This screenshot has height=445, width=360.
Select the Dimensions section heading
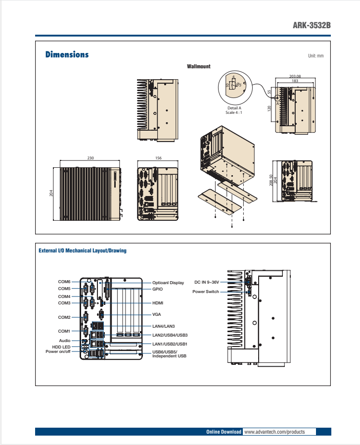[67, 54]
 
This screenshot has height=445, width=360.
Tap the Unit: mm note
[315, 56]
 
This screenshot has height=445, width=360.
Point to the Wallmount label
[198, 66]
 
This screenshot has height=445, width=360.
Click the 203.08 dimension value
[295, 76]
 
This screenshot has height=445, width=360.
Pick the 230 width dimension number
[90, 158]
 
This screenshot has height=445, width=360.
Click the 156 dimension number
[158, 158]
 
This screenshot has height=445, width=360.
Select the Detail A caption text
[234, 108]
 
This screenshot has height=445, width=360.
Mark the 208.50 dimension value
[270, 181]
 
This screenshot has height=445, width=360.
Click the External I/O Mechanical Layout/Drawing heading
[83, 250]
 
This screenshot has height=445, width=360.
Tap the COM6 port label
[64, 282]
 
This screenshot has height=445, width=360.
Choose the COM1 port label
[64, 331]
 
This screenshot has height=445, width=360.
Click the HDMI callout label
[158, 302]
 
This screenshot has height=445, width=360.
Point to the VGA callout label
[157, 314]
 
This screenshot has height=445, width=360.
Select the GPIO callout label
[158, 289]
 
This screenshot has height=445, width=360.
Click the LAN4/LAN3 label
[163, 326]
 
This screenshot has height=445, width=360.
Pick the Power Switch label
[206, 292]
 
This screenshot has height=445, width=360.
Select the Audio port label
[65, 341]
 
